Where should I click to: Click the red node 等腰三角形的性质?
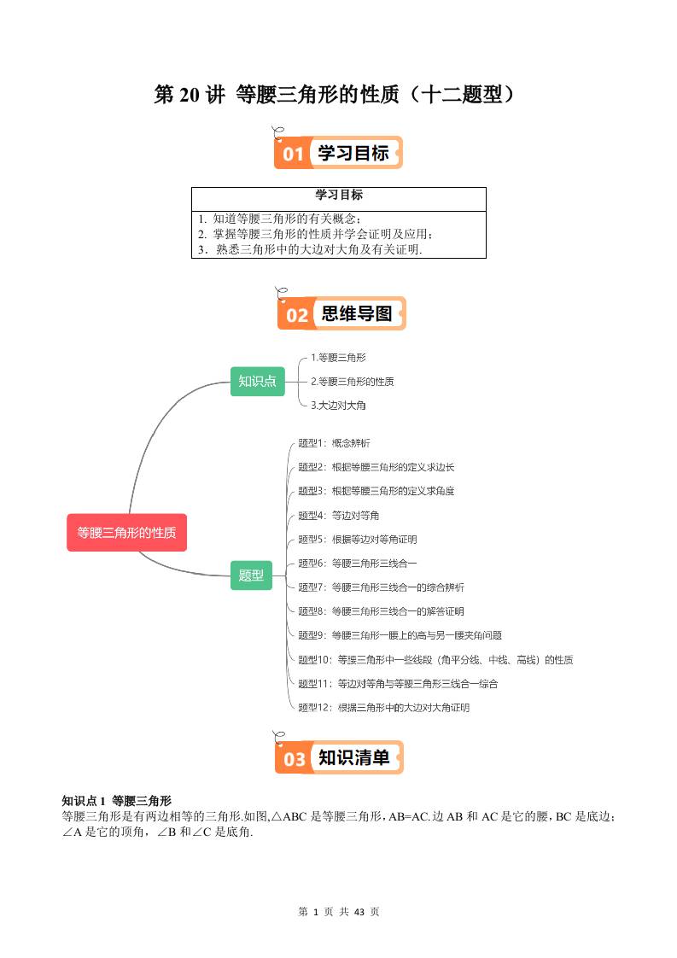point(126,533)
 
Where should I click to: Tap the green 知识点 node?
point(257,381)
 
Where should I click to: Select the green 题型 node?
point(251,575)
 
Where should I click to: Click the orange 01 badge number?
point(293,155)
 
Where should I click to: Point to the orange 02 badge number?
point(296,315)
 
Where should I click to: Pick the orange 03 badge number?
point(294,759)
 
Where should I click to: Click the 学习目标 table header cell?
point(338,196)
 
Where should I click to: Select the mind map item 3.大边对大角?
point(338,405)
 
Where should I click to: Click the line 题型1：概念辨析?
point(333,443)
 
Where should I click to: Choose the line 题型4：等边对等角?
point(338,516)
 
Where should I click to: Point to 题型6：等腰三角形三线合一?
point(357,564)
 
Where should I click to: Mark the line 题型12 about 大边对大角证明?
point(383,708)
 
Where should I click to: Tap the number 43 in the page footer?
point(359,912)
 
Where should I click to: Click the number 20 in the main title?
point(188,95)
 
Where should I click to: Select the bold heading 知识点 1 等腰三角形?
point(117,801)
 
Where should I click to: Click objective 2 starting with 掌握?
point(314,234)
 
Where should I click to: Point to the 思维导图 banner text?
point(356,314)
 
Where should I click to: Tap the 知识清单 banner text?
point(353,757)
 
